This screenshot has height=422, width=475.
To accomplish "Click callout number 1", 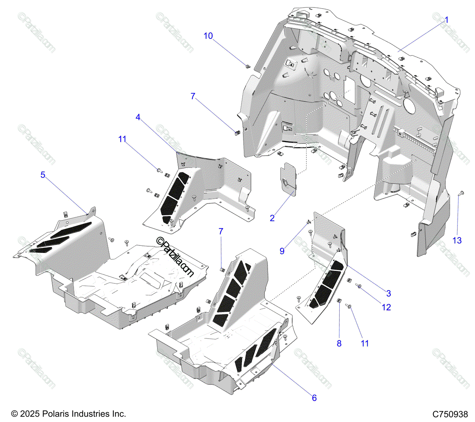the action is [446, 20].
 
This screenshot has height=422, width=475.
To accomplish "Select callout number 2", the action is [272, 218].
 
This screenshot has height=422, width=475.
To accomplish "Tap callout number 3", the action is [388, 293].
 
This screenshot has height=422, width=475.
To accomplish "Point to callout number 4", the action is [138, 117].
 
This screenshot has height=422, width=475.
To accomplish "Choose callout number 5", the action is [43, 175].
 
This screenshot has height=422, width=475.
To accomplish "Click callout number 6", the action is [314, 398].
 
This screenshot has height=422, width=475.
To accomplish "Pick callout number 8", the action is [339, 344].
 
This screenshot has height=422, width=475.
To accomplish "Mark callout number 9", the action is [282, 251].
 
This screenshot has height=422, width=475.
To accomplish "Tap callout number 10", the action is [208, 36].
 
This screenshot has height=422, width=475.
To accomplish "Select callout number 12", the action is [386, 307].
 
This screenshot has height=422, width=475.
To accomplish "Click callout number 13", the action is [457, 240].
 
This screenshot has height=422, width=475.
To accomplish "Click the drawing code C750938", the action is [450, 414].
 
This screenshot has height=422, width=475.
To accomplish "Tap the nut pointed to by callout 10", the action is [248, 66].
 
